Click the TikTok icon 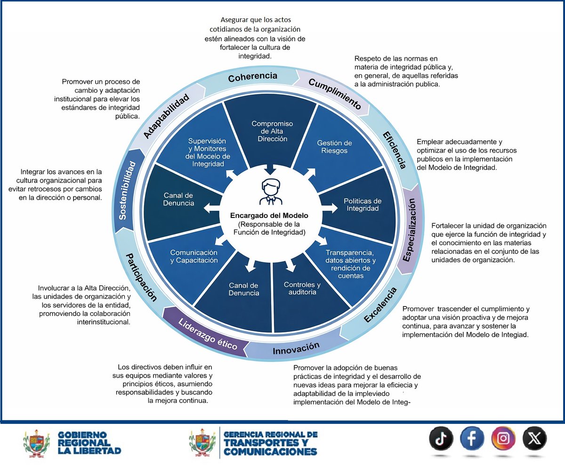coord(441,438)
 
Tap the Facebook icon coord(472,438)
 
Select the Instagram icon coord(503,438)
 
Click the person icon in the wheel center coord(271,192)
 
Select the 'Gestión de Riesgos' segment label coord(334,147)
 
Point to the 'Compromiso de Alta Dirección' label coord(272,131)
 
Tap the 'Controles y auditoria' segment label coord(302,288)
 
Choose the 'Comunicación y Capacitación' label coord(194,256)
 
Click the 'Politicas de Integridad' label coord(363,205)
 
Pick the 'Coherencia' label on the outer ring coord(252,77)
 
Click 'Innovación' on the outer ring coord(296,348)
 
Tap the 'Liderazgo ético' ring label coord(208,334)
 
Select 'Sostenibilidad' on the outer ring coord(127,190)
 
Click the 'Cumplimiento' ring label coord(335,94)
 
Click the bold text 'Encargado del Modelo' coord(269,216)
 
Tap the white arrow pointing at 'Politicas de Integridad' coord(329,208)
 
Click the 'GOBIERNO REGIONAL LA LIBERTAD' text coord(89,443)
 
